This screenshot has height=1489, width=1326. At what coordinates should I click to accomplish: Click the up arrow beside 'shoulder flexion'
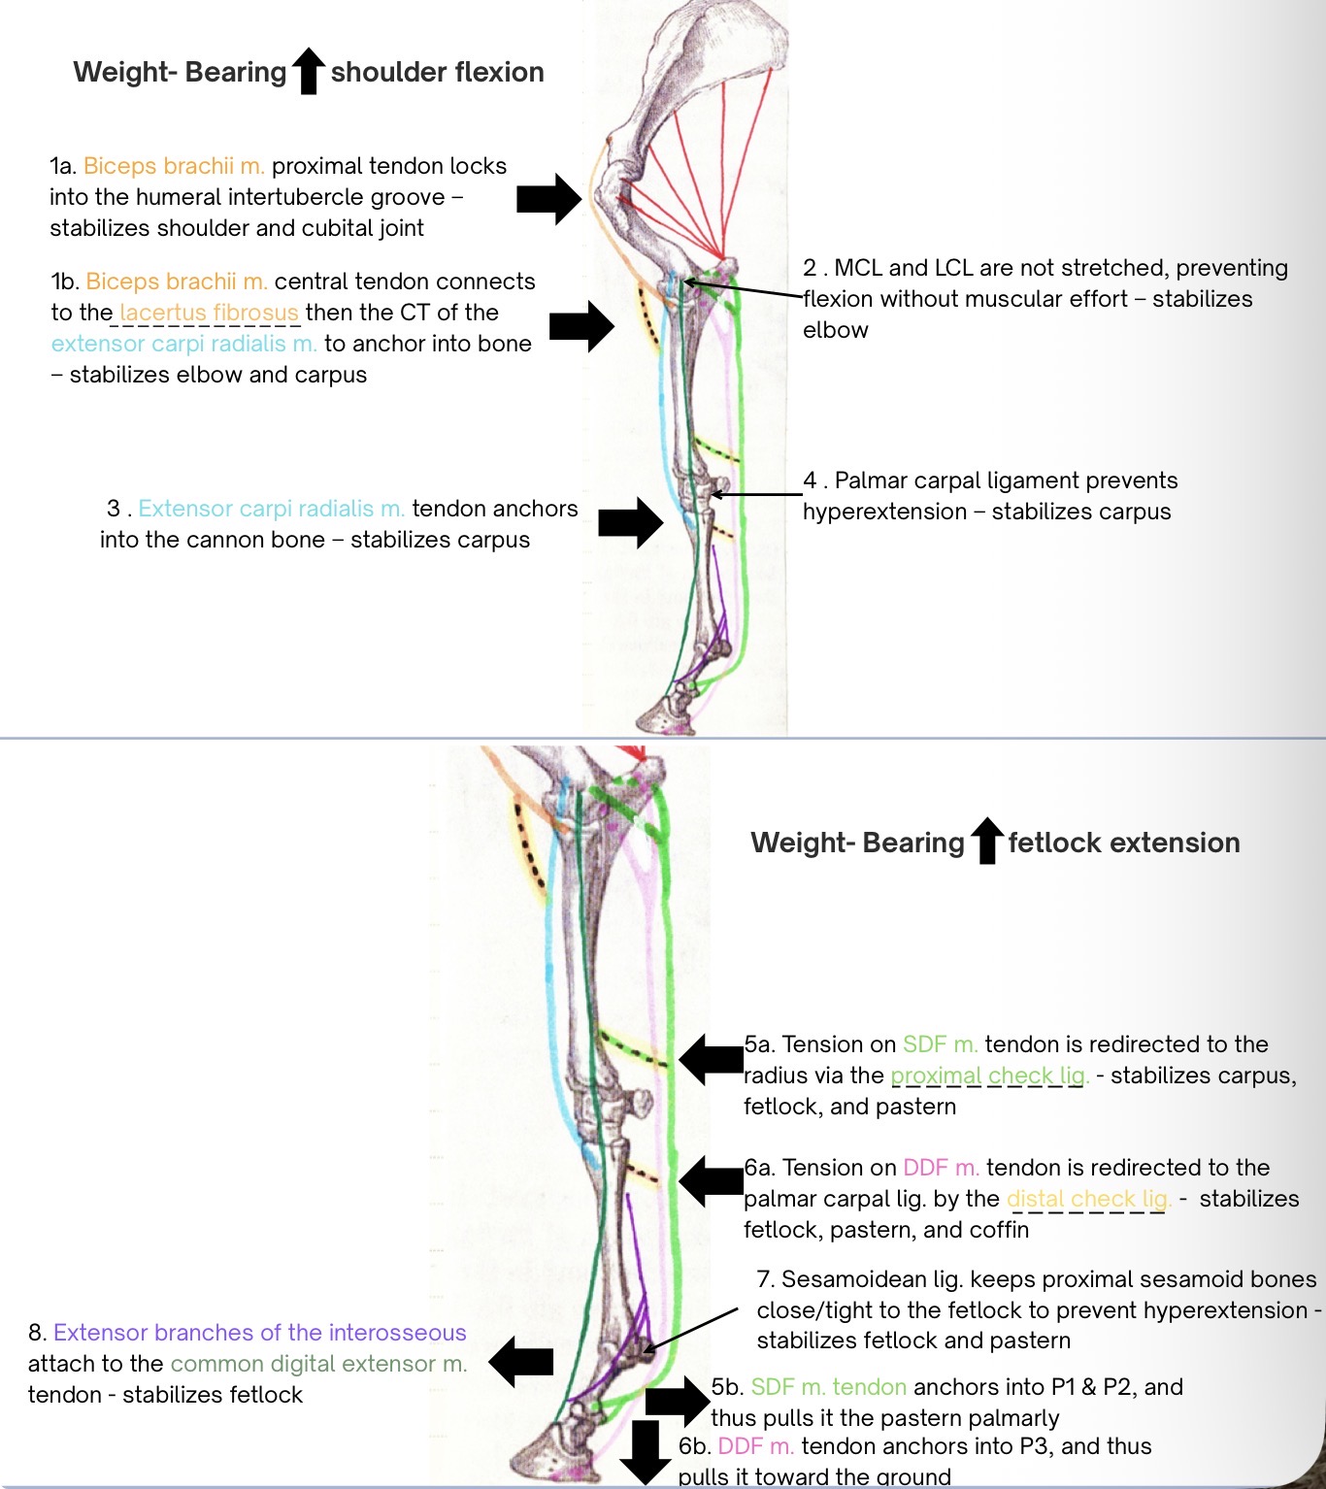309,72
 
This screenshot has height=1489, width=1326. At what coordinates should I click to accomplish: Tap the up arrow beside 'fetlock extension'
986,841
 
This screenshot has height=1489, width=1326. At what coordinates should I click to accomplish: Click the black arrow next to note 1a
548,199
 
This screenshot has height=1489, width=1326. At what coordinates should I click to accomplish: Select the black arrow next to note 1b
581,325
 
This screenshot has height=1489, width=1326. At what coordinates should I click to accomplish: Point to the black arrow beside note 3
630,522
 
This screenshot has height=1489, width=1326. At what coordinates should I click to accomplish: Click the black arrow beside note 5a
711,1059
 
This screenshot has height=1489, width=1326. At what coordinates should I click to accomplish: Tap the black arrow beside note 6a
711,1181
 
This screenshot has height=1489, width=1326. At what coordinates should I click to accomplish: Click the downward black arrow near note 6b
645,1451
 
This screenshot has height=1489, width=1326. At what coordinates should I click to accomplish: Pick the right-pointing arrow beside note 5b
678,1401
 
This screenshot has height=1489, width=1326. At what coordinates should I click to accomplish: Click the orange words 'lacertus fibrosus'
209,313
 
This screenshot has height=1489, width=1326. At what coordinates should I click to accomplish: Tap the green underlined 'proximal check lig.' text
989,1075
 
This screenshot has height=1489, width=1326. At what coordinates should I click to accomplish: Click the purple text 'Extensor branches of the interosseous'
259,1333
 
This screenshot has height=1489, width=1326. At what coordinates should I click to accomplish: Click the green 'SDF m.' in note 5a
940,1044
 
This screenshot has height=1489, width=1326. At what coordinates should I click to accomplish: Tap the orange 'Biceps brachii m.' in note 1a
174,166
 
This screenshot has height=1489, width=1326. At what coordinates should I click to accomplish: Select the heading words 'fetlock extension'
1123,843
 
